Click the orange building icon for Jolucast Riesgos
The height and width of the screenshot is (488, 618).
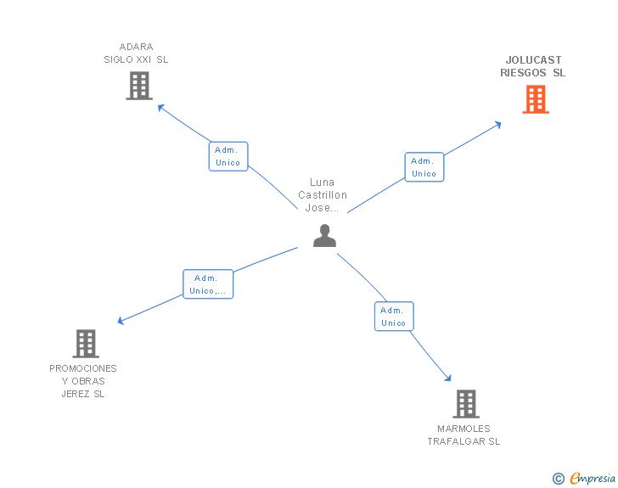[x=536, y=99]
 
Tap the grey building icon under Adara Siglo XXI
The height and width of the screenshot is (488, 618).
[x=139, y=86]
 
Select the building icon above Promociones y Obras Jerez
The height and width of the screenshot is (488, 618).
[x=86, y=344]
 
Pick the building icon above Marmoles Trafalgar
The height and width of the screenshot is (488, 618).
[x=466, y=404]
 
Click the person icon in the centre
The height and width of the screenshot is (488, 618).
[x=325, y=235]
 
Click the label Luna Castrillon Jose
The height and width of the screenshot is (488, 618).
[x=323, y=194]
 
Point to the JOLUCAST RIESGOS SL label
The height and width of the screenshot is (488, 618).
[x=533, y=66]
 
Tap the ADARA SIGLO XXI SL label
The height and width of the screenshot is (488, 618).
[x=136, y=53]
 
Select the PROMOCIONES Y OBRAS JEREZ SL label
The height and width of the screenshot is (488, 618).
[x=83, y=381]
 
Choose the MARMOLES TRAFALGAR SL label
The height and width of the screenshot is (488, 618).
[x=463, y=435]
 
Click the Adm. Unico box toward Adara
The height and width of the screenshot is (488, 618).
[x=228, y=156]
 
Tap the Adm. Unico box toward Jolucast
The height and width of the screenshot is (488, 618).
[x=424, y=167]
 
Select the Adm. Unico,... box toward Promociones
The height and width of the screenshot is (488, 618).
[x=208, y=284]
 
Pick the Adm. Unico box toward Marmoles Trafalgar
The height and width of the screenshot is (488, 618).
[x=394, y=316]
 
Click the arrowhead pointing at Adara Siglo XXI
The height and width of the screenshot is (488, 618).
[x=160, y=107]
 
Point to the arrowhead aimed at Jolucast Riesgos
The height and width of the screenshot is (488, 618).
[x=498, y=125]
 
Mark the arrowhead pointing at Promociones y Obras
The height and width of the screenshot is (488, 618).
[x=121, y=321]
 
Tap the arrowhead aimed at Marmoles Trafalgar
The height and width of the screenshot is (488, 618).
[x=447, y=378]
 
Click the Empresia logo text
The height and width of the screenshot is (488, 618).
[x=593, y=478]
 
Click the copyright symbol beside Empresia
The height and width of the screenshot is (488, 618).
[x=559, y=479]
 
